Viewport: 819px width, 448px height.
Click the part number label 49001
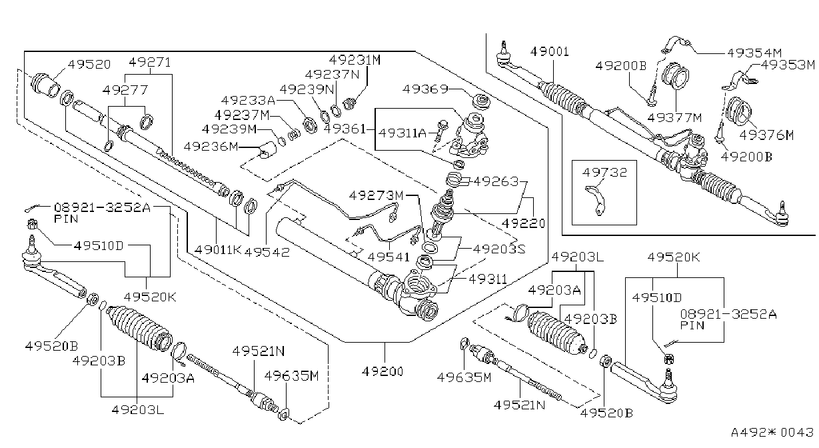pos(550,51)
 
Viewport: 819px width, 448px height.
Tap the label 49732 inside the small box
pos(604,172)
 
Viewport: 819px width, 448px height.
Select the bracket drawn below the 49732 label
pos(596,201)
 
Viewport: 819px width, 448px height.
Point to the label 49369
pos(425,89)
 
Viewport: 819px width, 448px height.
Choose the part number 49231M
pos(355,59)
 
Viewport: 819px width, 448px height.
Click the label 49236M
pos(211,146)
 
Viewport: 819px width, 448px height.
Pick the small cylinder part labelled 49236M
pos(267,150)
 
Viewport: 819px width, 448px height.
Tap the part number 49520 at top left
pos(89,65)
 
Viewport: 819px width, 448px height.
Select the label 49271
pos(150,62)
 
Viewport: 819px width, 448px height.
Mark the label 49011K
pos(218,250)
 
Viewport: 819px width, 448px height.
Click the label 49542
pos(267,252)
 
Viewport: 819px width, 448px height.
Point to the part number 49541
pos(389,257)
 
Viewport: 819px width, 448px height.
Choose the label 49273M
pos(376,195)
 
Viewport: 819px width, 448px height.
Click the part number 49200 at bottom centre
pos(383,371)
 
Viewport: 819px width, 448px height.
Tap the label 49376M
pos(766,135)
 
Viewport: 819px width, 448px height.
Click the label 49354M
pos(754,53)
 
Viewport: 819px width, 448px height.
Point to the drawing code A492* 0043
pos(772,432)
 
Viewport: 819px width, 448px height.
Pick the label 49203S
pos(499,249)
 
